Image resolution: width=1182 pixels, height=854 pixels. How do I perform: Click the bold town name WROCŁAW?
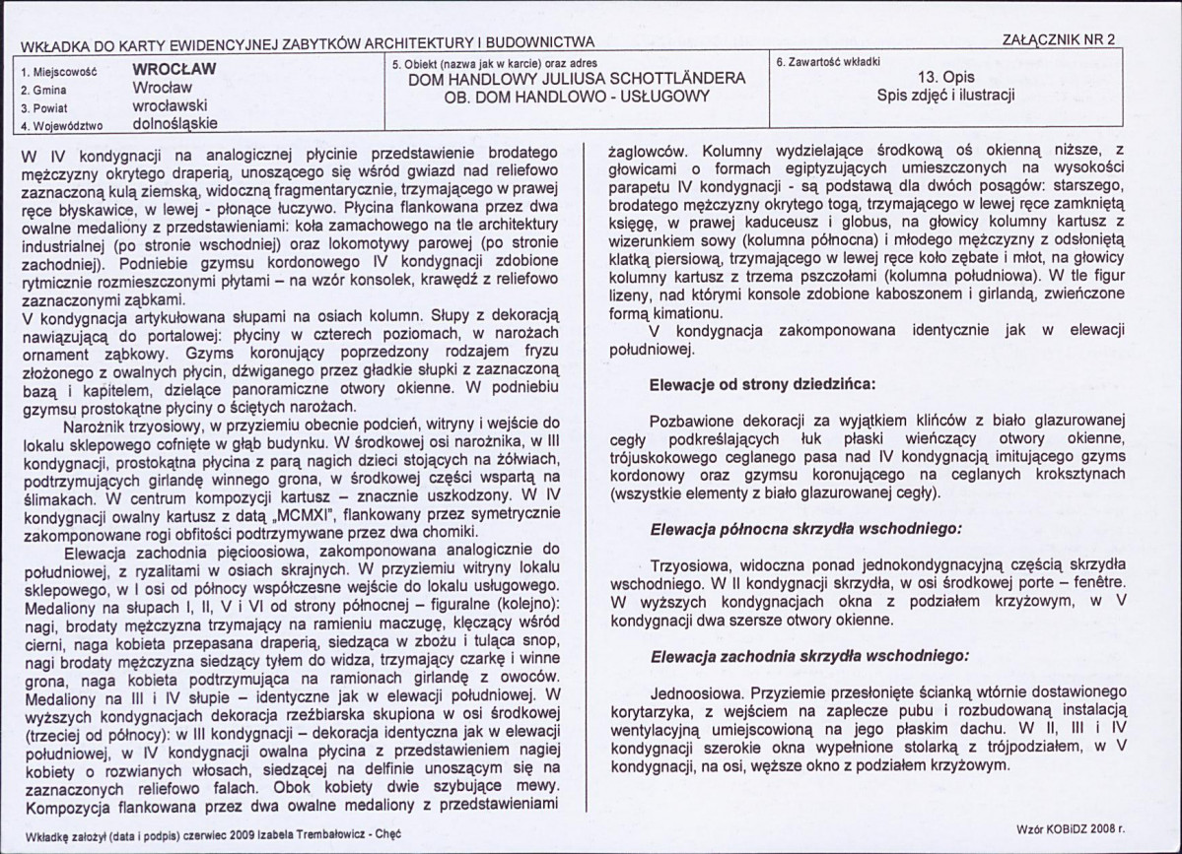pyautogui.click(x=174, y=70)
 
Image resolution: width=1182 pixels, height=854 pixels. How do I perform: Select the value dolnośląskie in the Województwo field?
pyautogui.click(x=174, y=123)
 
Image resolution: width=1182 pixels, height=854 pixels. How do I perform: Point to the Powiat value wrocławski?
pyautogui.click(x=169, y=104)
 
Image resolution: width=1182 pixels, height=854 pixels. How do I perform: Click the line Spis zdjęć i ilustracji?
pyautogui.click(x=945, y=96)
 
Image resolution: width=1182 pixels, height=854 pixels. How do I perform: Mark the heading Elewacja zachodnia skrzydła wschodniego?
pyautogui.click(x=803, y=655)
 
